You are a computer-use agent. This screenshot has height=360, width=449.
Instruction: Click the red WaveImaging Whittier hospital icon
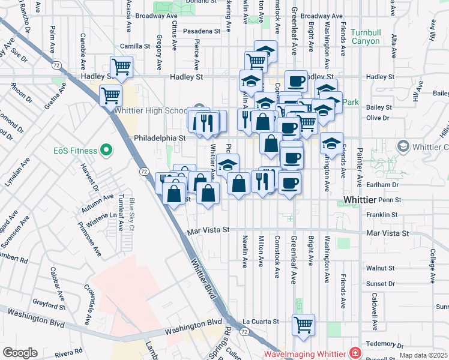click(x=356, y=352)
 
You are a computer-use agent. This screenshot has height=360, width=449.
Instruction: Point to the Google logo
click(x=20, y=352)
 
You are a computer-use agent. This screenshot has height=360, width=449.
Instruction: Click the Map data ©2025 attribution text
click(x=424, y=355)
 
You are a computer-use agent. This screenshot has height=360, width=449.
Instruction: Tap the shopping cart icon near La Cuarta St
click(x=303, y=324)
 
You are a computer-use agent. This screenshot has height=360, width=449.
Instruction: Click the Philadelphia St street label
click(x=160, y=137)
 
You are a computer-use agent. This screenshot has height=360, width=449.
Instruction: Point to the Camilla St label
click(x=134, y=46)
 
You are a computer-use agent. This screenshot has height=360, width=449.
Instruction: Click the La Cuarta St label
click(x=261, y=322)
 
